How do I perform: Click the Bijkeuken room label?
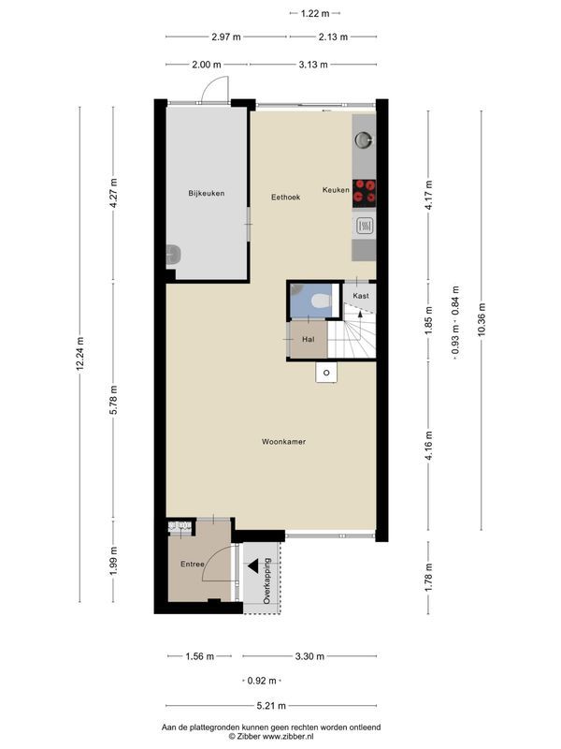click(206, 194)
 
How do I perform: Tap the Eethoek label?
click(285, 197)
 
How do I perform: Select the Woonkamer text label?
click(285, 441)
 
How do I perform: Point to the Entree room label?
click(192, 565)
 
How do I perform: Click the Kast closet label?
click(360, 295)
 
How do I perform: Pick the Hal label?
click(307, 340)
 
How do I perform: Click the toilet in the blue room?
click(319, 301)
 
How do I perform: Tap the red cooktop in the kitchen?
click(365, 190)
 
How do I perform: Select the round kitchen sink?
click(364, 141)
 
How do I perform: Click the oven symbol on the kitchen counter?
click(365, 226)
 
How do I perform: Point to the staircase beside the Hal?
click(355, 337)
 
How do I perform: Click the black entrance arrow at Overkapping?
click(253, 565)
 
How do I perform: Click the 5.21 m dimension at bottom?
click(271, 706)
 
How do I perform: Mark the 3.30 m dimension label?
click(309, 656)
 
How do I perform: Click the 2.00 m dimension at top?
click(206, 65)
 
